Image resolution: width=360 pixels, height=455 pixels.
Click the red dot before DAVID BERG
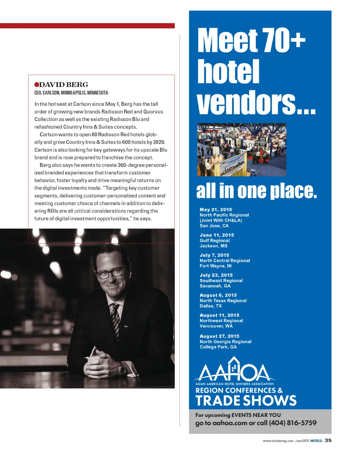37,85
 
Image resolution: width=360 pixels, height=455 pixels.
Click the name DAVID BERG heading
64,85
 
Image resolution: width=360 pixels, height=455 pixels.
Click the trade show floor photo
242,150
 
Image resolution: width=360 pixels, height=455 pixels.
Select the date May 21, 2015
216,209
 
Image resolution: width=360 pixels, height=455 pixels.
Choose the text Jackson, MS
213,246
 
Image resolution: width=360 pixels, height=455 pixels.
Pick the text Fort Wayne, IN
216,266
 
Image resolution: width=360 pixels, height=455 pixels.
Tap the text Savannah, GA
215,286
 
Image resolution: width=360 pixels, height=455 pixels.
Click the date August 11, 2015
219,315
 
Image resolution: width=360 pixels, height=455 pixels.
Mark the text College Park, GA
218,347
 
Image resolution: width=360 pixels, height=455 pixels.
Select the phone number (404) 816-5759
292,423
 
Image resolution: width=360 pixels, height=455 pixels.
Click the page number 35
328,440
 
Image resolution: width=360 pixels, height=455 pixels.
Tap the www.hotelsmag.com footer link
278,441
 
